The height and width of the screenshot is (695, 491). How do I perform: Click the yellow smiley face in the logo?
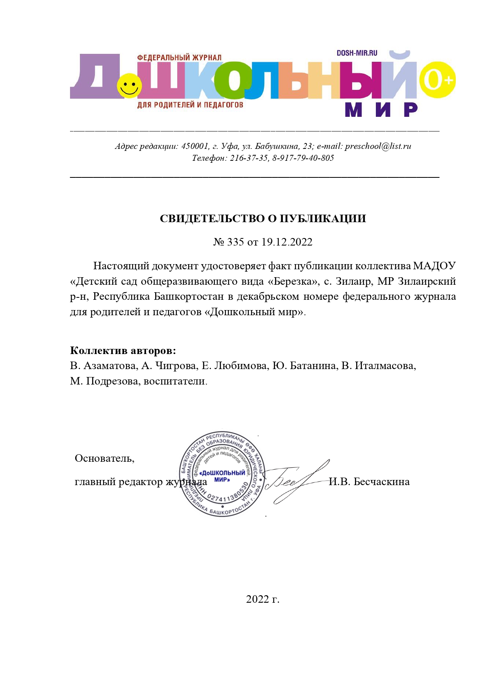pos(129,86)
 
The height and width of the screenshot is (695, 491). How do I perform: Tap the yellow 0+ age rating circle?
pos(437,80)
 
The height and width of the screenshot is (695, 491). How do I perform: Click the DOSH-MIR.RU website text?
pos(357,53)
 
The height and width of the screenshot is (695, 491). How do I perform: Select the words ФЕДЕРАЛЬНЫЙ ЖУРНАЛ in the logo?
pos(179,58)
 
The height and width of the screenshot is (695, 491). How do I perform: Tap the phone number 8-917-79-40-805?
pos(303,158)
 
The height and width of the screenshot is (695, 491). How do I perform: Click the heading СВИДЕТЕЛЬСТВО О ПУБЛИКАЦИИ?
pos(263,219)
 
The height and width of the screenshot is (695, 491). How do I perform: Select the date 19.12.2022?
pos(287,242)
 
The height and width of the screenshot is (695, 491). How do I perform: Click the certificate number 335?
pos(235,242)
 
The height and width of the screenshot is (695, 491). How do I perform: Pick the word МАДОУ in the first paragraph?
pos(434,266)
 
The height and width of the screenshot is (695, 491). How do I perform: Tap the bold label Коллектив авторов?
pos(123,350)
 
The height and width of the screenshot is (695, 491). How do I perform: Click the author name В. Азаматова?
pos(104,366)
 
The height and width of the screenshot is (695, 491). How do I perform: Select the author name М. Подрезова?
pos(104,381)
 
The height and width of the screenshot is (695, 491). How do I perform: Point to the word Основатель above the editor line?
pos(104,458)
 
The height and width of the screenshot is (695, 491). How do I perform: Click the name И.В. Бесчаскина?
pos(369,482)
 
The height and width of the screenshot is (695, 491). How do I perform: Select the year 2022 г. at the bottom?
pos(263,599)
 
